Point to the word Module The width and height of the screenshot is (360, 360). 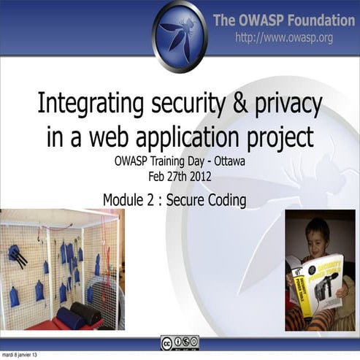point(126,199)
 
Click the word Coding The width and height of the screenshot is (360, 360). point(223,199)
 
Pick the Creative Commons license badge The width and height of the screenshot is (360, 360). point(180,342)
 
